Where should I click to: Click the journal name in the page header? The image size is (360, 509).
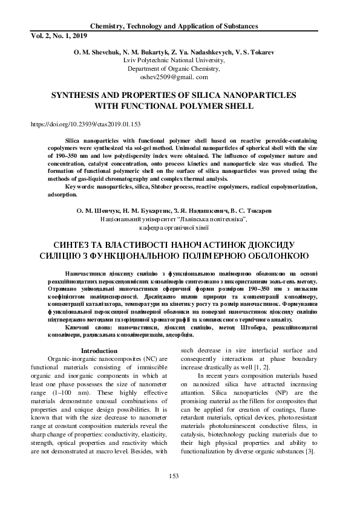pos(174,27)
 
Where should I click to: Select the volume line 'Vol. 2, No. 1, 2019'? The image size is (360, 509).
pos(59,36)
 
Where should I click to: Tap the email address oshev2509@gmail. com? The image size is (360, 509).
pos(174,77)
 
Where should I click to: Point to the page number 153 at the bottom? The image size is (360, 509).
pos(174,476)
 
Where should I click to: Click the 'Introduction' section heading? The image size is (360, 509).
pos(99,351)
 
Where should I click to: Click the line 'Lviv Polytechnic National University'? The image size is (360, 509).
pos(174,61)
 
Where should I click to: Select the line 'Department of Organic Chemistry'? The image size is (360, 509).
pos(174,69)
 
